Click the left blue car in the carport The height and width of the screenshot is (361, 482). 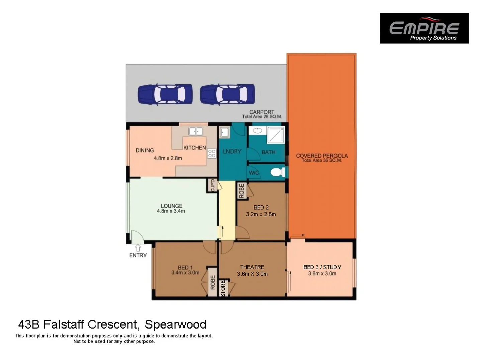coord(165,94)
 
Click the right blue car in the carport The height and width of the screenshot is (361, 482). coord(227,94)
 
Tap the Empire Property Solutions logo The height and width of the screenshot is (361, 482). coord(424,28)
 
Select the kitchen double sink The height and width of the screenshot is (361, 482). coord(196,131)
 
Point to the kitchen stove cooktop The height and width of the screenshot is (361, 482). coord(212,153)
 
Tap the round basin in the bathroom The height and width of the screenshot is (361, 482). coord(257,131)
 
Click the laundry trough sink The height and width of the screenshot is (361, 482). coord(224,133)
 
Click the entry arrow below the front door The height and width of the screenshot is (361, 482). coord(138,248)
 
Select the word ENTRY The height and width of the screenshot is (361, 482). coord(138,255)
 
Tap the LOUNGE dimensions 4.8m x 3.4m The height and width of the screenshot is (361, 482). coord(171,211)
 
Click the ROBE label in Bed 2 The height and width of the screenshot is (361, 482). coord(242,191)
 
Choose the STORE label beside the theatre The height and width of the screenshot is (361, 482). coord(223,288)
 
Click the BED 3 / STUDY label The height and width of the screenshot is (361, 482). coord(322,267)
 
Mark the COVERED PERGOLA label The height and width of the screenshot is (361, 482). coord(322,156)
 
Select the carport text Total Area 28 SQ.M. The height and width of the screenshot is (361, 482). coord(262,117)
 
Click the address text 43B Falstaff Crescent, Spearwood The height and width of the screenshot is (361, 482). coord(112,324)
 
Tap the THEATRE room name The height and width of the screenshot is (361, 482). coord(252,267)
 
